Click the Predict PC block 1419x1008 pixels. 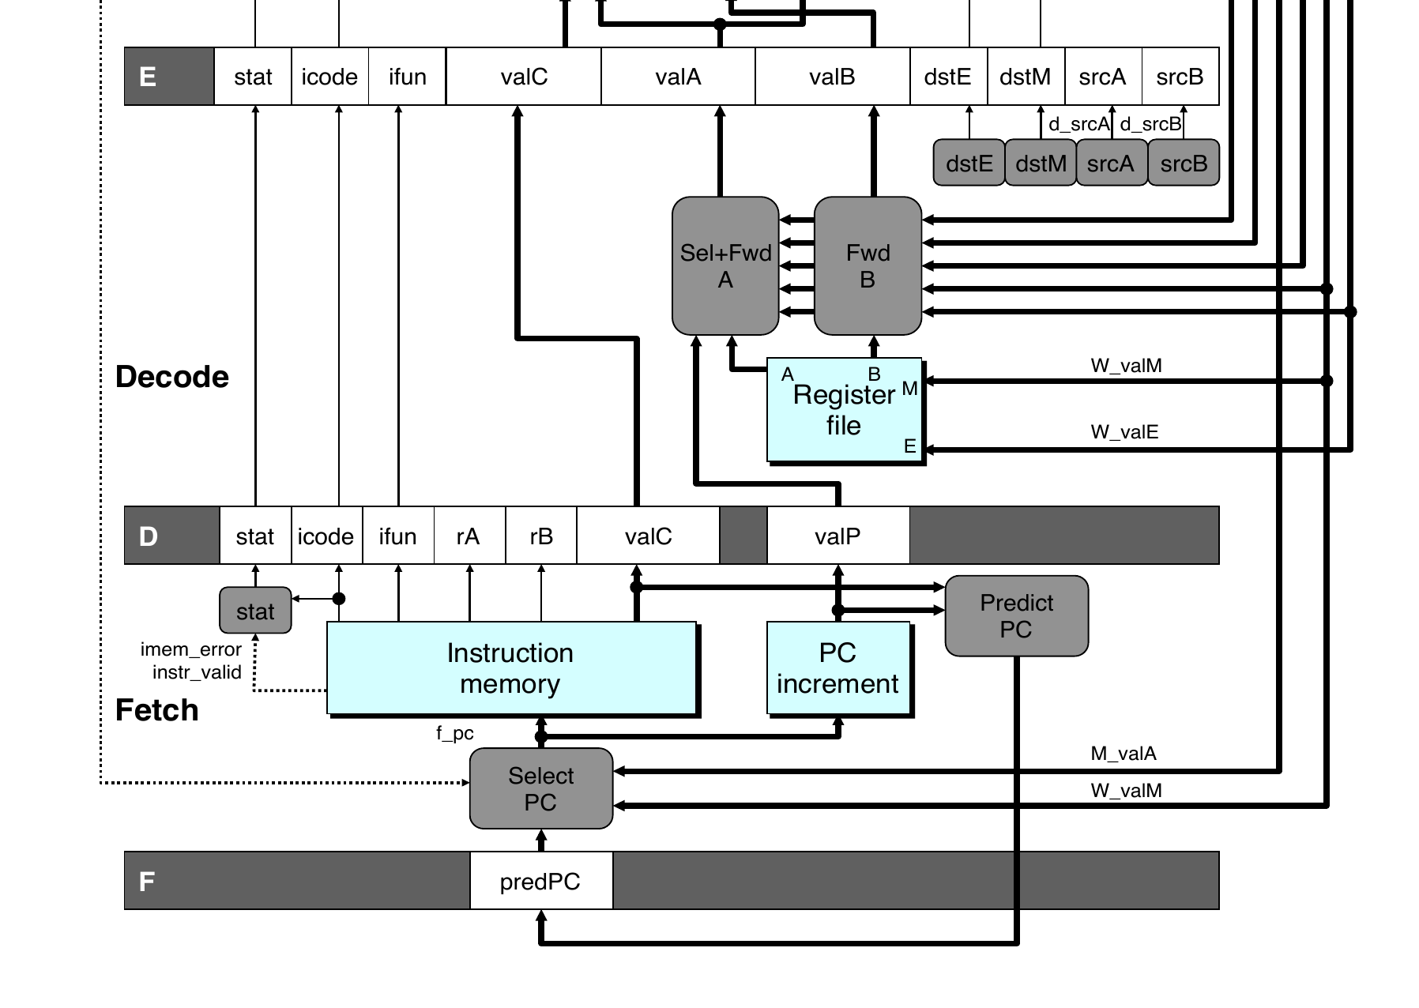[1016, 616]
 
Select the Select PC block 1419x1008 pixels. [541, 788]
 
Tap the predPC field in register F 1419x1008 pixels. [540, 882]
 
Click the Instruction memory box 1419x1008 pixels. [511, 668]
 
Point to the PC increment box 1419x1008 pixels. [838, 668]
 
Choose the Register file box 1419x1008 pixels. [844, 410]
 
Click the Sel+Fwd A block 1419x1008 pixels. [725, 266]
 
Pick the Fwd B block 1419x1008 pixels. [868, 266]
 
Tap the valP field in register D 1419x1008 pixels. [837, 536]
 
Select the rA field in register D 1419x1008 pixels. [469, 536]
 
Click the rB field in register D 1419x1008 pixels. [541, 536]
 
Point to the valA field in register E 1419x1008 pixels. [678, 77]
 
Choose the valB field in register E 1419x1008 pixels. [832, 77]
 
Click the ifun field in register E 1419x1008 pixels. [407, 77]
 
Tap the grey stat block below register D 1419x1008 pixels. [255, 611]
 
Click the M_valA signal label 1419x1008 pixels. [1124, 754]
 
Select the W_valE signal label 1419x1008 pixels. [1124, 432]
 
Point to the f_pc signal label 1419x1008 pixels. [454, 733]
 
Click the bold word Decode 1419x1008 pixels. [172, 377]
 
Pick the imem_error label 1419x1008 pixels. [190, 649]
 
